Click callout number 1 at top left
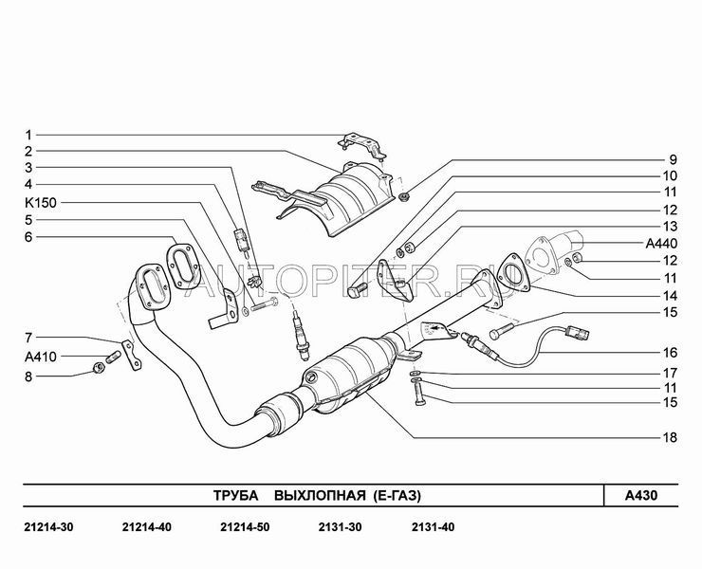pos(28,135)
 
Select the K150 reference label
pos(41,203)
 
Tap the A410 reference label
pos(41,357)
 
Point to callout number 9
pos(673,159)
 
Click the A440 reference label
pos(661,244)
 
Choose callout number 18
pos(670,437)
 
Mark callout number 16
pos(670,353)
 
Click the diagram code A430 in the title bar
pos(641,496)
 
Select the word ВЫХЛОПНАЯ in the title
pos(320,496)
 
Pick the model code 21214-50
pos(245,527)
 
